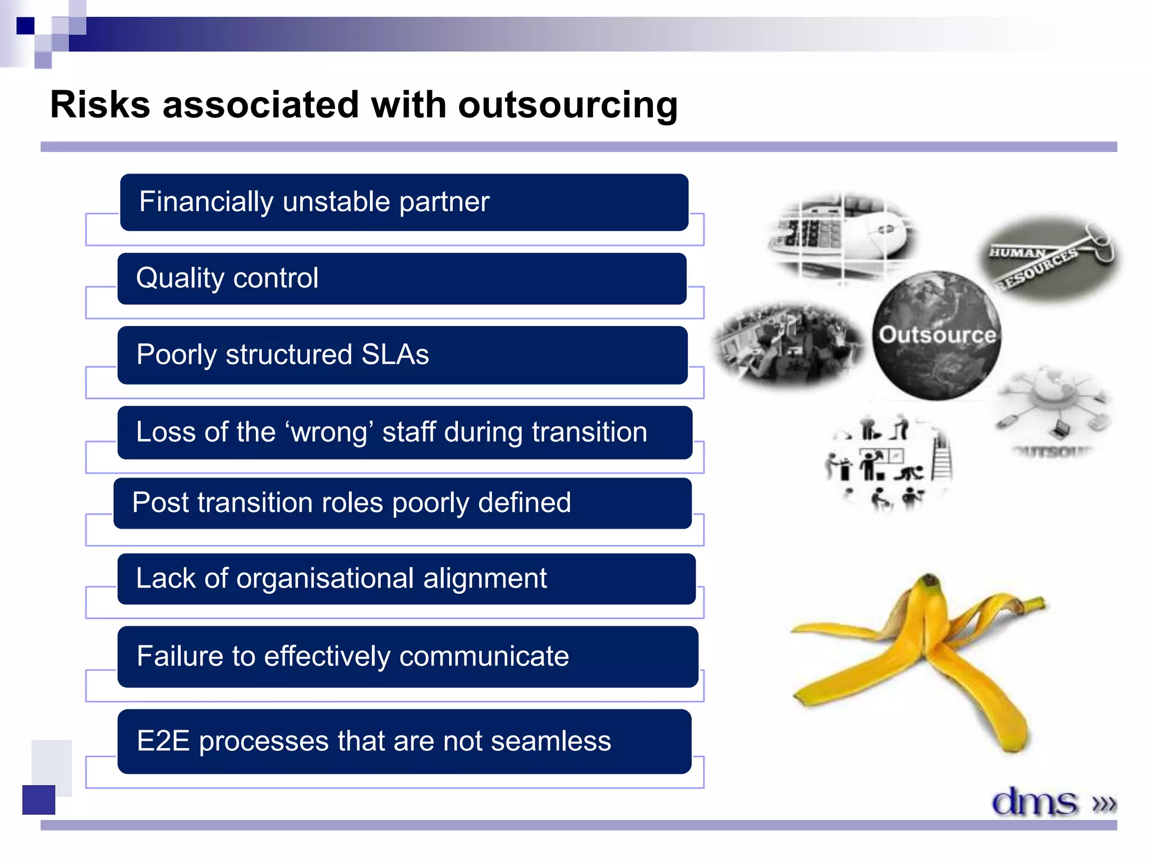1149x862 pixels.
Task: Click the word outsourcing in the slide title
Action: [x=567, y=106]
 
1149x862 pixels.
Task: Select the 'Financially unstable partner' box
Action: [x=404, y=202]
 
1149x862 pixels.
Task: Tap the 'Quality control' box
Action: [x=402, y=278]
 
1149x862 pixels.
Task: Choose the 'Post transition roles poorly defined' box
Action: [x=402, y=503]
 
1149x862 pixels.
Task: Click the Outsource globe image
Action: [x=936, y=336]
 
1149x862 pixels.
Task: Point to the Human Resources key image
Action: [x=1048, y=258]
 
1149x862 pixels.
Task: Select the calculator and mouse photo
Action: [x=842, y=236]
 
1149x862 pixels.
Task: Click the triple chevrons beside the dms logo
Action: [x=1104, y=804]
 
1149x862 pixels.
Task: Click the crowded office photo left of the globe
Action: [x=788, y=343]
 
